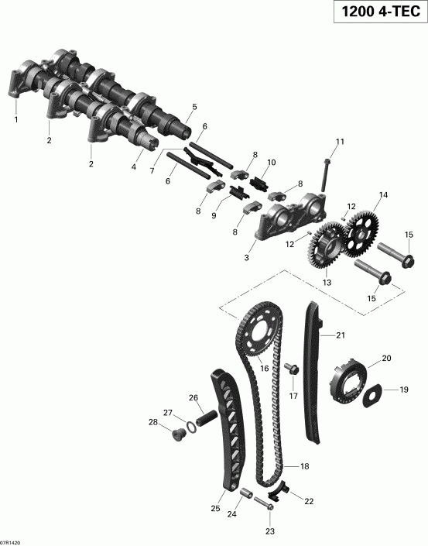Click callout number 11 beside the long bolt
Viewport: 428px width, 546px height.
click(339, 141)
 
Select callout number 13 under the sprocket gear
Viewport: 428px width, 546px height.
click(326, 282)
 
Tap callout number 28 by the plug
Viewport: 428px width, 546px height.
click(153, 422)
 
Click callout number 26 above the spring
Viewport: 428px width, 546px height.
click(193, 398)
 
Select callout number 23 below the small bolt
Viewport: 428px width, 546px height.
click(270, 531)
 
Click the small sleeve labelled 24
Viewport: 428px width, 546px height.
click(248, 493)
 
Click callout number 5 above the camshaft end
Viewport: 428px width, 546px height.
click(194, 107)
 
